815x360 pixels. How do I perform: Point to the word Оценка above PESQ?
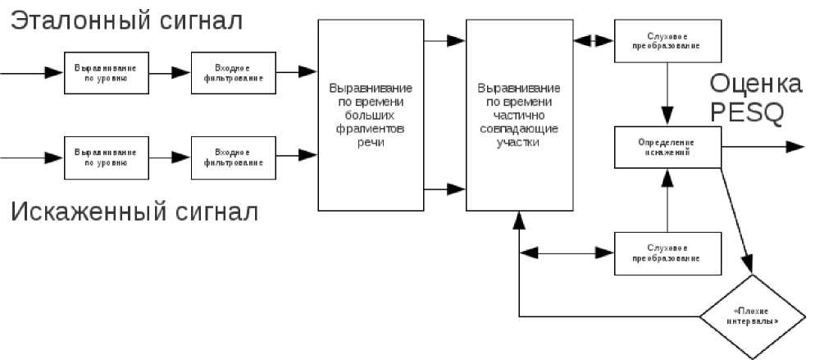pyautogui.click(x=755, y=84)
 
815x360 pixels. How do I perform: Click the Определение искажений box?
pyautogui.click(x=668, y=148)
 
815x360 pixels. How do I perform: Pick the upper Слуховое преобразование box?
pyautogui.click(x=668, y=42)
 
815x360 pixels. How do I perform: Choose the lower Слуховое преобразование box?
pyautogui.click(x=668, y=253)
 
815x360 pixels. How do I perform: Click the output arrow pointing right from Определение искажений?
pyautogui.click(x=763, y=147)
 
